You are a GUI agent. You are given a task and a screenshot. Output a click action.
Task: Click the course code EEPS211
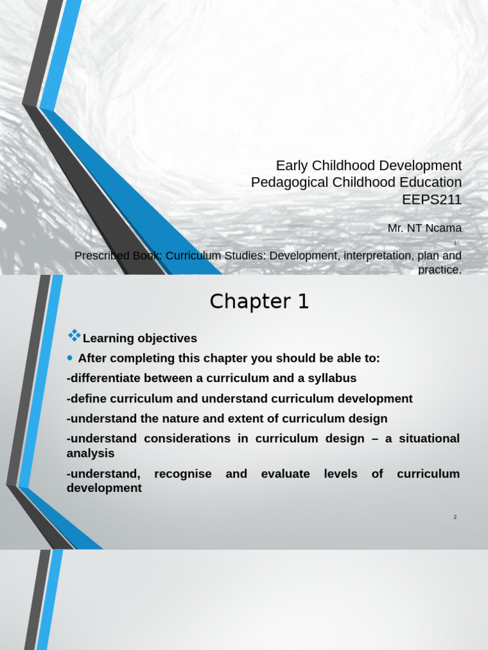[431, 200]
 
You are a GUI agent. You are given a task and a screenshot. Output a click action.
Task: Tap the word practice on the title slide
[439, 270]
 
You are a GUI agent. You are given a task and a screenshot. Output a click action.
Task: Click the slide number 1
[456, 243]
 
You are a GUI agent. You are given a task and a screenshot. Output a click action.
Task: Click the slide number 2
[456, 517]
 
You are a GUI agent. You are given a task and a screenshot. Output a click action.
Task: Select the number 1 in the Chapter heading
[302, 302]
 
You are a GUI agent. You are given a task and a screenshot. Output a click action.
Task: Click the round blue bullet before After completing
[71, 358]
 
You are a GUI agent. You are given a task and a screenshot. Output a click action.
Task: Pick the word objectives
[166, 338]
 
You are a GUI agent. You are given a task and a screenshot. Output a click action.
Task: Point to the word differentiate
[104, 378]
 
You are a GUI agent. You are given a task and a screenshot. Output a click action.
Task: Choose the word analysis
[90, 453]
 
